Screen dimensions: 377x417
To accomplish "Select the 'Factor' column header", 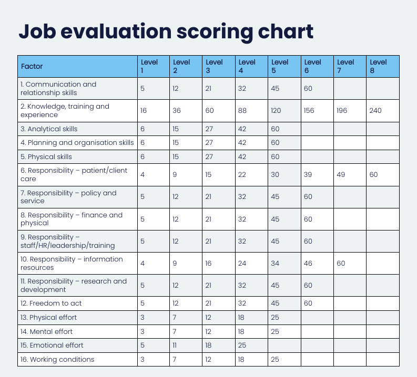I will [32, 66].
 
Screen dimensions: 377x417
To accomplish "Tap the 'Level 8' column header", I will [378, 66].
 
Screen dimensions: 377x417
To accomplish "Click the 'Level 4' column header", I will [247, 66].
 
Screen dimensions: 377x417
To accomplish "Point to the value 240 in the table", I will [375, 111].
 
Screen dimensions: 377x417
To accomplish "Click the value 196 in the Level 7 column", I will [343, 111].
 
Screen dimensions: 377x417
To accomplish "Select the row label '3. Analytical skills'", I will [49, 129].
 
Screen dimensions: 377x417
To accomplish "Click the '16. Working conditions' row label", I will [57, 359].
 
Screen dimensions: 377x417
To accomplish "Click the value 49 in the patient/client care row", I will [341, 174].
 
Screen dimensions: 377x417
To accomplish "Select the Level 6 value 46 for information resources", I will [309, 263].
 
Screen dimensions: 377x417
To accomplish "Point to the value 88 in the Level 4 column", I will [242, 111].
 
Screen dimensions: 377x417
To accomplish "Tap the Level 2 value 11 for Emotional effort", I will [175, 345].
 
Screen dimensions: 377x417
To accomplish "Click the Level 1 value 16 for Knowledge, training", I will [144, 111].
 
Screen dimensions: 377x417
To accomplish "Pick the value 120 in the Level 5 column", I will [276, 111].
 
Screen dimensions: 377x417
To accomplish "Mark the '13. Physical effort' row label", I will [48, 317].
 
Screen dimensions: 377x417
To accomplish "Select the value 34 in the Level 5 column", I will [275, 263].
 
